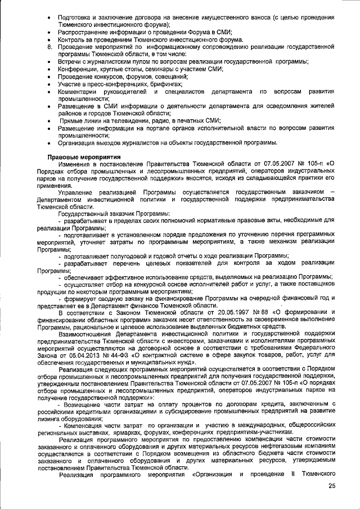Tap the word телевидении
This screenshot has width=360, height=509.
coord(129,120)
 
